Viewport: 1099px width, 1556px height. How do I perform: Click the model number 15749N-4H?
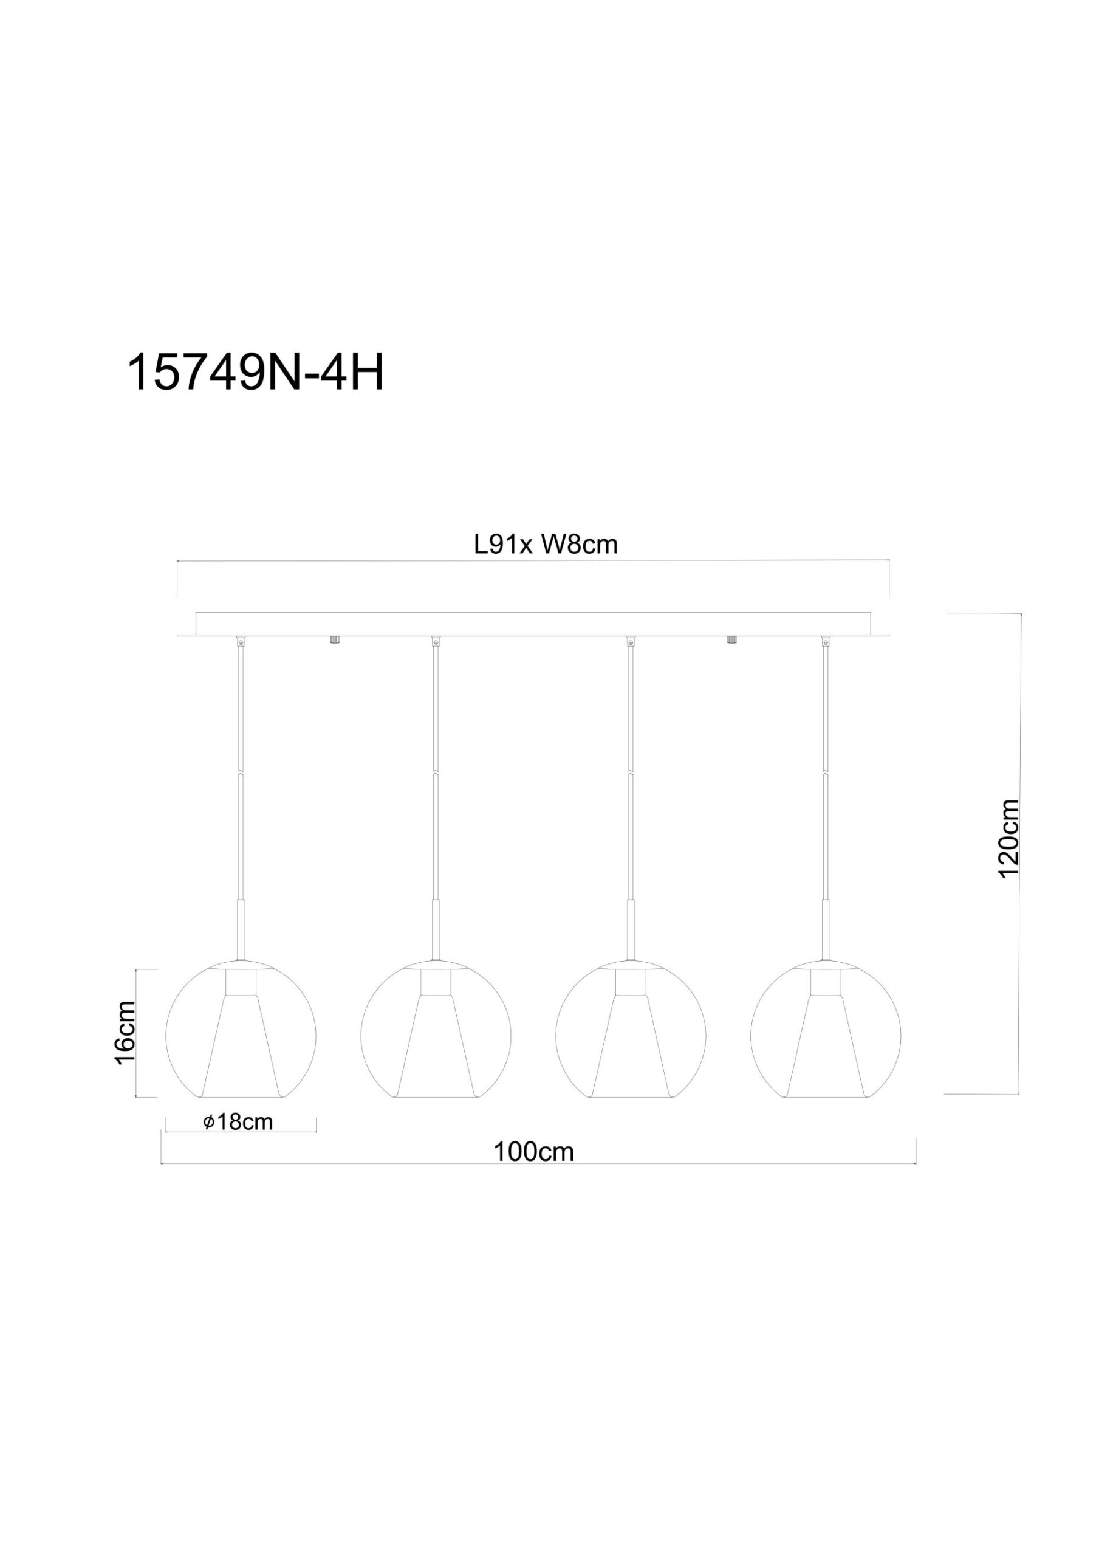tap(255, 373)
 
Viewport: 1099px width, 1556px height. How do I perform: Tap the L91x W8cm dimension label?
tap(546, 545)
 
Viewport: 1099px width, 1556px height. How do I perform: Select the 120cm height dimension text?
tap(1009, 838)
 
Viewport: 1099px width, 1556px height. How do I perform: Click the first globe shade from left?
tap(241, 1037)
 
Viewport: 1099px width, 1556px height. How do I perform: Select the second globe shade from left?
tap(436, 1037)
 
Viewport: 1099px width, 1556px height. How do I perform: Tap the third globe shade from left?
tap(631, 1037)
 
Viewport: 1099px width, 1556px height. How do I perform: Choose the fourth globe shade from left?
tap(826, 1037)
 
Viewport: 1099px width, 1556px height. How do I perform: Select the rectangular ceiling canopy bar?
tap(533, 624)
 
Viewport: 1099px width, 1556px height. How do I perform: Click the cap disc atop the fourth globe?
tap(826, 964)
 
